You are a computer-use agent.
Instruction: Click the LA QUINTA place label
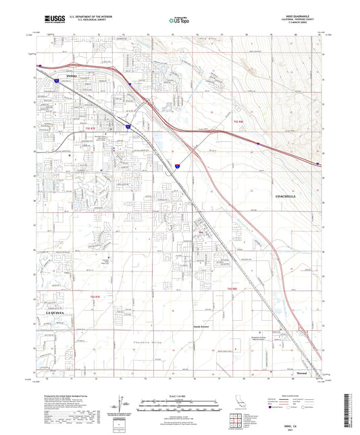click(57, 313)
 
